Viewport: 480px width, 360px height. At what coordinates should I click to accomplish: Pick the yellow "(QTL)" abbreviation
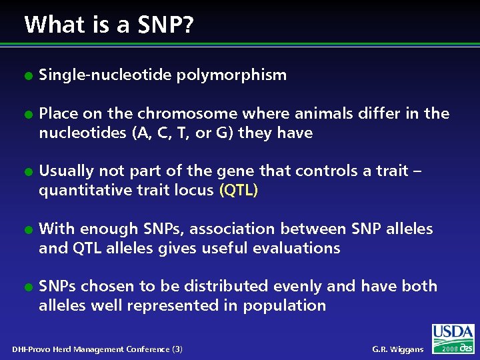pyautogui.click(x=238, y=191)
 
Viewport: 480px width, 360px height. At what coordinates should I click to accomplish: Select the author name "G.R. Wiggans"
pyautogui.click(x=397, y=349)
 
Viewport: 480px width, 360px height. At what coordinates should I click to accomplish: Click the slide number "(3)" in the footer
pyautogui.click(x=177, y=349)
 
